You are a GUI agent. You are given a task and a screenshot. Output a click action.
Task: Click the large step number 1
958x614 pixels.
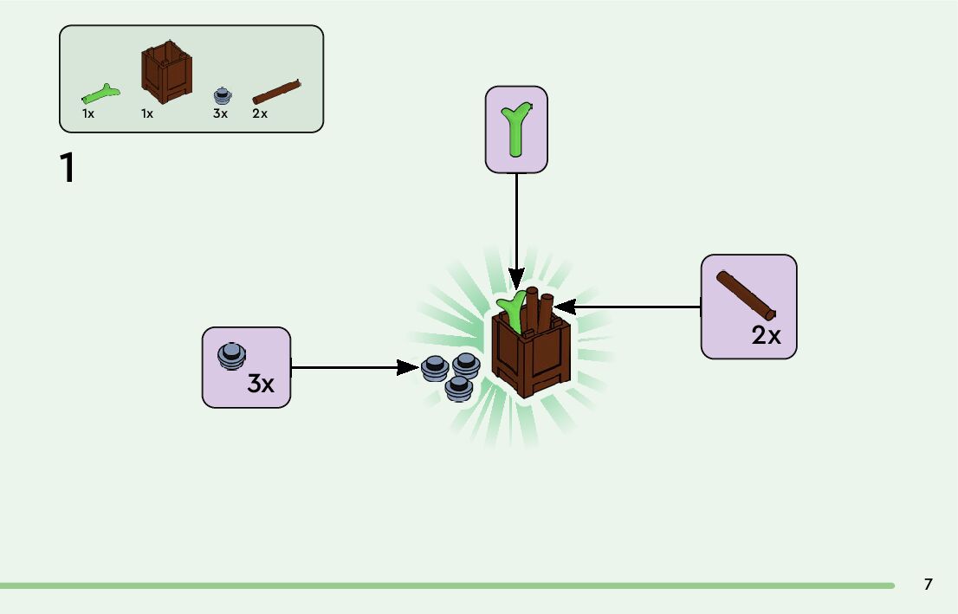click(68, 169)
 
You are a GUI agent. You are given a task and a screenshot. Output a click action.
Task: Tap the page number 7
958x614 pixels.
click(928, 585)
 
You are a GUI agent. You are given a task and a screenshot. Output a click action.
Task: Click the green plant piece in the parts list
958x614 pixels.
click(100, 92)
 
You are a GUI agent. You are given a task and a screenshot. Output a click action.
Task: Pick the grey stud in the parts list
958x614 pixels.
click(223, 94)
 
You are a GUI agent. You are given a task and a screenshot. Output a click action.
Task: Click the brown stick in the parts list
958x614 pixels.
click(276, 91)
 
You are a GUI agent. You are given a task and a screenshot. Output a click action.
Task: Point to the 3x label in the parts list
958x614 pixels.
click(220, 113)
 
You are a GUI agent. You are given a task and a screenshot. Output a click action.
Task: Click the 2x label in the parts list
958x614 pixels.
click(260, 113)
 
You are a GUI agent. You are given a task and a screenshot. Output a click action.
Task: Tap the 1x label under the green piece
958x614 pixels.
click(88, 113)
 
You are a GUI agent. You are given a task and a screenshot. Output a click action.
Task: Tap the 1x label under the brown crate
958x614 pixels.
click(147, 113)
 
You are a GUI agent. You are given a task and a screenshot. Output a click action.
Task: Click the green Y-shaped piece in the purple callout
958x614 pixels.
click(516, 128)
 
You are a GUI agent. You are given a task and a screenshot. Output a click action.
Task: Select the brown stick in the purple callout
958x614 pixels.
click(746, 294)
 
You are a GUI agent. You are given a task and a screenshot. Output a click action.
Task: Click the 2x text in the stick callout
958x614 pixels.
click(766, 336)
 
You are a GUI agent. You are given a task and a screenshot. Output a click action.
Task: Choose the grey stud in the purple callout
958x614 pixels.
click(231, 356)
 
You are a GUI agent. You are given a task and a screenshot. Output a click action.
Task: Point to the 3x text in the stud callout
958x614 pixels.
click(261, 383)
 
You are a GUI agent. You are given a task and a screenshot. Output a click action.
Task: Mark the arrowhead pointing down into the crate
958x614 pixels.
click(516, 281)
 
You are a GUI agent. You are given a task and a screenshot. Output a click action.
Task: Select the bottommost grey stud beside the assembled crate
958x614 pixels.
click(458, 388)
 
